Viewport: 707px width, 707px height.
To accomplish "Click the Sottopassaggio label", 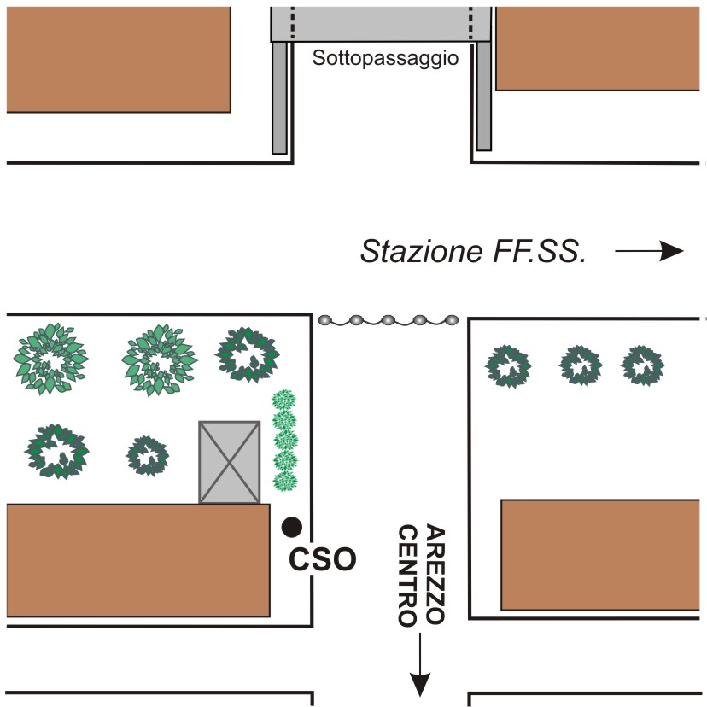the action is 385,59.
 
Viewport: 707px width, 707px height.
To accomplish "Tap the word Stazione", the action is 421,251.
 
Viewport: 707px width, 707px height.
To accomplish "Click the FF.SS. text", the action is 540,251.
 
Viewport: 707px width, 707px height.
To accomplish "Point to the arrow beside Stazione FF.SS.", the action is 649,251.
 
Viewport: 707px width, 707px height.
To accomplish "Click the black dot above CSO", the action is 292,527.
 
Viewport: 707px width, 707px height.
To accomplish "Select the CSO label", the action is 323,559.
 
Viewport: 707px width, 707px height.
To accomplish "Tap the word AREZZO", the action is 435,574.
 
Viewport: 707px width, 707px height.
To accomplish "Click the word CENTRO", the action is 407,576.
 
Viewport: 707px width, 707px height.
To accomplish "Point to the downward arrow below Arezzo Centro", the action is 420,664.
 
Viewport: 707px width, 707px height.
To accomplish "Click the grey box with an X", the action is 230,462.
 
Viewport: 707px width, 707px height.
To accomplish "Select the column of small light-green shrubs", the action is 284,441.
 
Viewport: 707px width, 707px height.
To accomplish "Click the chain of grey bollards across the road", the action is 389,320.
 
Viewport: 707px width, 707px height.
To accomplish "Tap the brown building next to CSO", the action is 138,560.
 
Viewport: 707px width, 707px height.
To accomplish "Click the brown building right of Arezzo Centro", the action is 600,555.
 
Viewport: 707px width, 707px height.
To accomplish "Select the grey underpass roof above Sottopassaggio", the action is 381,24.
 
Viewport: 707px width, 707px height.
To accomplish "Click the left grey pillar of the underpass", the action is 279,97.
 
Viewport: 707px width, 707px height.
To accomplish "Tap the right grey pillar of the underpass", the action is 484,96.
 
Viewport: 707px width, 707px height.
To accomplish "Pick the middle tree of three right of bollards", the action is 581,365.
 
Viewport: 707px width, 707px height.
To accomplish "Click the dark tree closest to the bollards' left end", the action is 248,354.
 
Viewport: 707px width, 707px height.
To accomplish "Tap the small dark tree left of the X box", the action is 147,456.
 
